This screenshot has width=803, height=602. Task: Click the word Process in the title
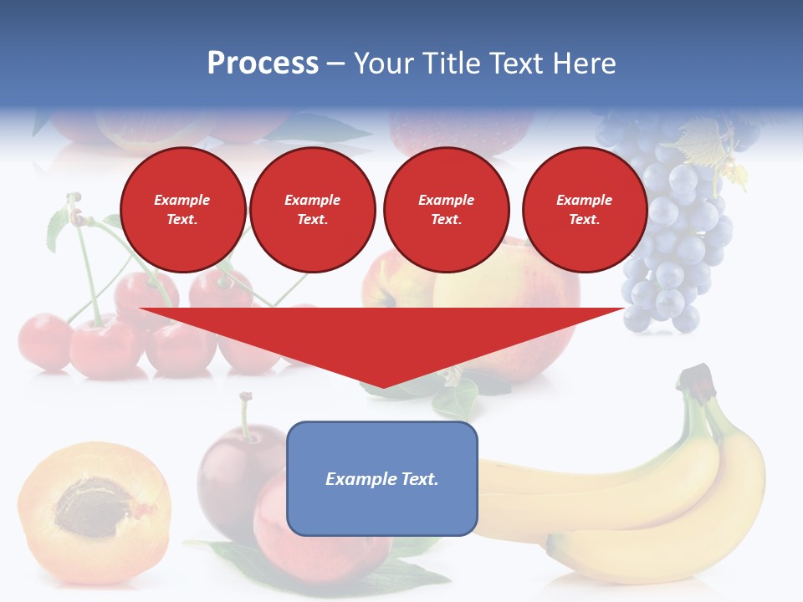pyautogui.click(x=263, y=64)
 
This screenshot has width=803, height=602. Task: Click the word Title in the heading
pyautogui.click(x=448, y=64)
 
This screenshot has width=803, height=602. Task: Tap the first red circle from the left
pyautogui.click(x=182, y=210)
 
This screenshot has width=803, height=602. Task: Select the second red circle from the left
pyautogui.click(x=312, y=210)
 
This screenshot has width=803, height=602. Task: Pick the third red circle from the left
pyautogui.click(x=446, y=210)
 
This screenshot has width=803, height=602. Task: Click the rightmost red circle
pyautogui.click(x=584, y=210)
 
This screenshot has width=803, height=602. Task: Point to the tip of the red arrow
pyautogui.click(x=382, y=386)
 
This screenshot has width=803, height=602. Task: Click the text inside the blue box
pyautogui.click(x=382, y=479)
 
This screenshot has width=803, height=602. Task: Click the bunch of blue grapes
pyautogui.click(x=678, y=242)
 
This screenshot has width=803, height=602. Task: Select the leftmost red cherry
pyautogui.click(x=43, y=341)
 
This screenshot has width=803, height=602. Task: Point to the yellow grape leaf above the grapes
pyautogui.click(x=707, y=138)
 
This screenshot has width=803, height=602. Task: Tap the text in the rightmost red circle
pyautogui.click(x=584, y=210)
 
